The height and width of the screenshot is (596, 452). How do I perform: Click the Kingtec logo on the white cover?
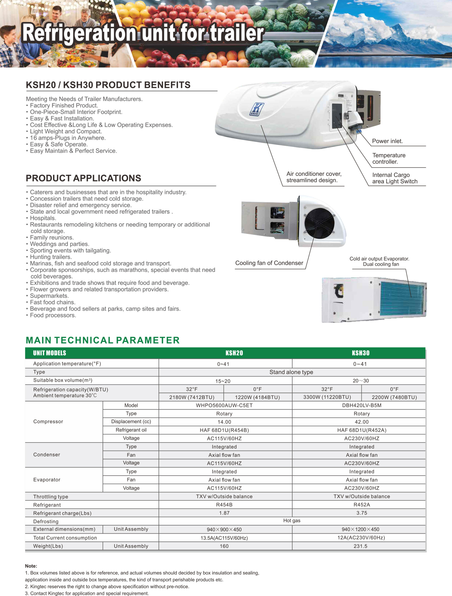(x=256, y=109)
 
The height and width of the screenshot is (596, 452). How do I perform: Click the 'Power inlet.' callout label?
(x=387, y=141)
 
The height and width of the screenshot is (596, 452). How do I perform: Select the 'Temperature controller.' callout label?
(x=389, y=159)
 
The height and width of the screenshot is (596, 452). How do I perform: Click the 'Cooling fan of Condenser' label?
(x=269, y=263)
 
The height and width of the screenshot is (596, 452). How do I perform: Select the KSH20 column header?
(x=234, y=353)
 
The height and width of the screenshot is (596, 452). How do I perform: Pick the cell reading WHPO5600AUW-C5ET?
(x=224, y=405)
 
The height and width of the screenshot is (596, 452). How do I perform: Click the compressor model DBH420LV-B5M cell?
(x=361, y=405)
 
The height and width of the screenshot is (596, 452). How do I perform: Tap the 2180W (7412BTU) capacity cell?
(x=192, y=397)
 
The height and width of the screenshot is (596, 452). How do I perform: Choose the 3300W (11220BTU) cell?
(x=327, y=397)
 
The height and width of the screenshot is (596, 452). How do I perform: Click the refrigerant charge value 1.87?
(x=224, y=513)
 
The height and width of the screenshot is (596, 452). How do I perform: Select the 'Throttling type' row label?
(x=51, y=497)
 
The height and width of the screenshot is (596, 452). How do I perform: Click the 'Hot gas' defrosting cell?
(x=292, y=521)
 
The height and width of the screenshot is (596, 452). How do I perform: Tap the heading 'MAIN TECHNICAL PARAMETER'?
(x=103, y=340)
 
